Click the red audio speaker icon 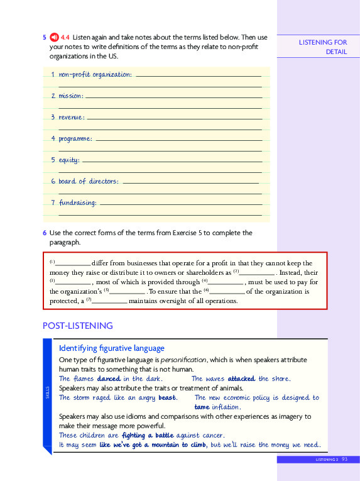(54, 38)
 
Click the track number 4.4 (65, 38)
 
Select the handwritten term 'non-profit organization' (95, 75)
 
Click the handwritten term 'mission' (70, 96)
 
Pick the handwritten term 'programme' (75, 138)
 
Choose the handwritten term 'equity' (68, 160)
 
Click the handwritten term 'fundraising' (78, 202)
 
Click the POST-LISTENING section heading (77, 326)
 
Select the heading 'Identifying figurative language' (111, 348)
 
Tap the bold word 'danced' (109, 379)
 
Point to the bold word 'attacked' (241, 379)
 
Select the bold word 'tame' (201, 407)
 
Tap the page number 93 (345, 460)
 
